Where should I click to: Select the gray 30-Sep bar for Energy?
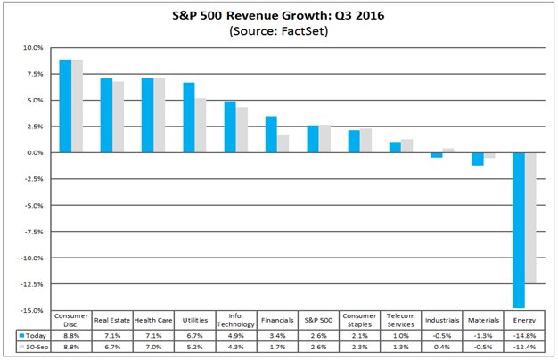[529, 217]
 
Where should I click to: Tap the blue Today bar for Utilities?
[189, 118]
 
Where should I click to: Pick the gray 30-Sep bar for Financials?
[283, 143]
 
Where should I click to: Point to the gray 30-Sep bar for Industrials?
[447, 151]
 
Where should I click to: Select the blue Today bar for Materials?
[477, 160]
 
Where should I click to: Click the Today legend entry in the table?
[32, 335]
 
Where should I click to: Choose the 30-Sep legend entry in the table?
[32, 347]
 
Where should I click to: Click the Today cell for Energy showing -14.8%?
[524, 335]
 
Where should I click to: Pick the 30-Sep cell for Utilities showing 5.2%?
[194, 347]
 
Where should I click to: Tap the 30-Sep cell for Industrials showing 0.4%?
[442, 347]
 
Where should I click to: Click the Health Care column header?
[152, 319]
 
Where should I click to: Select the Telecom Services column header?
[401, 318]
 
